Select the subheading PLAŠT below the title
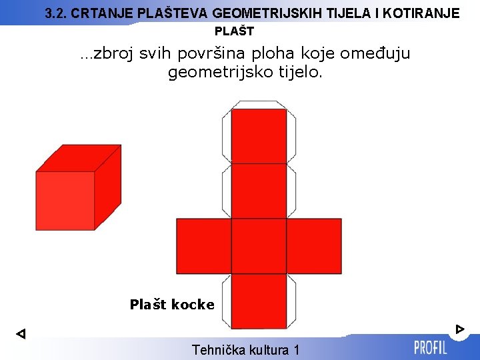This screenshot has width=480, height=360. (234, 31)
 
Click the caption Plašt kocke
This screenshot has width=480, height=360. (172, 305)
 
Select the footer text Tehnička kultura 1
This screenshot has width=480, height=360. (245, 349)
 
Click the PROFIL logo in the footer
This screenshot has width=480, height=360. (430, 347)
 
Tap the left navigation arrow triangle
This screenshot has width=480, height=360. (20, 333)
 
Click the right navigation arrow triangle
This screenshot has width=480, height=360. (459, 329)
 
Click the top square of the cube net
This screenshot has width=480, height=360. (259, 136)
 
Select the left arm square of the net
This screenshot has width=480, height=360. (203, 246)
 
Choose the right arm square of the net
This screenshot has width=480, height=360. (314, 246)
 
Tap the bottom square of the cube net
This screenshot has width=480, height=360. (259, 301)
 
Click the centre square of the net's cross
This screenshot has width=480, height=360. (259, 246)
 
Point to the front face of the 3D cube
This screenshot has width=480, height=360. (65, 201)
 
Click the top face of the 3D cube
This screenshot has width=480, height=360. (79, 158)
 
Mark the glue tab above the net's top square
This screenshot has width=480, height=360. (259, 105)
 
